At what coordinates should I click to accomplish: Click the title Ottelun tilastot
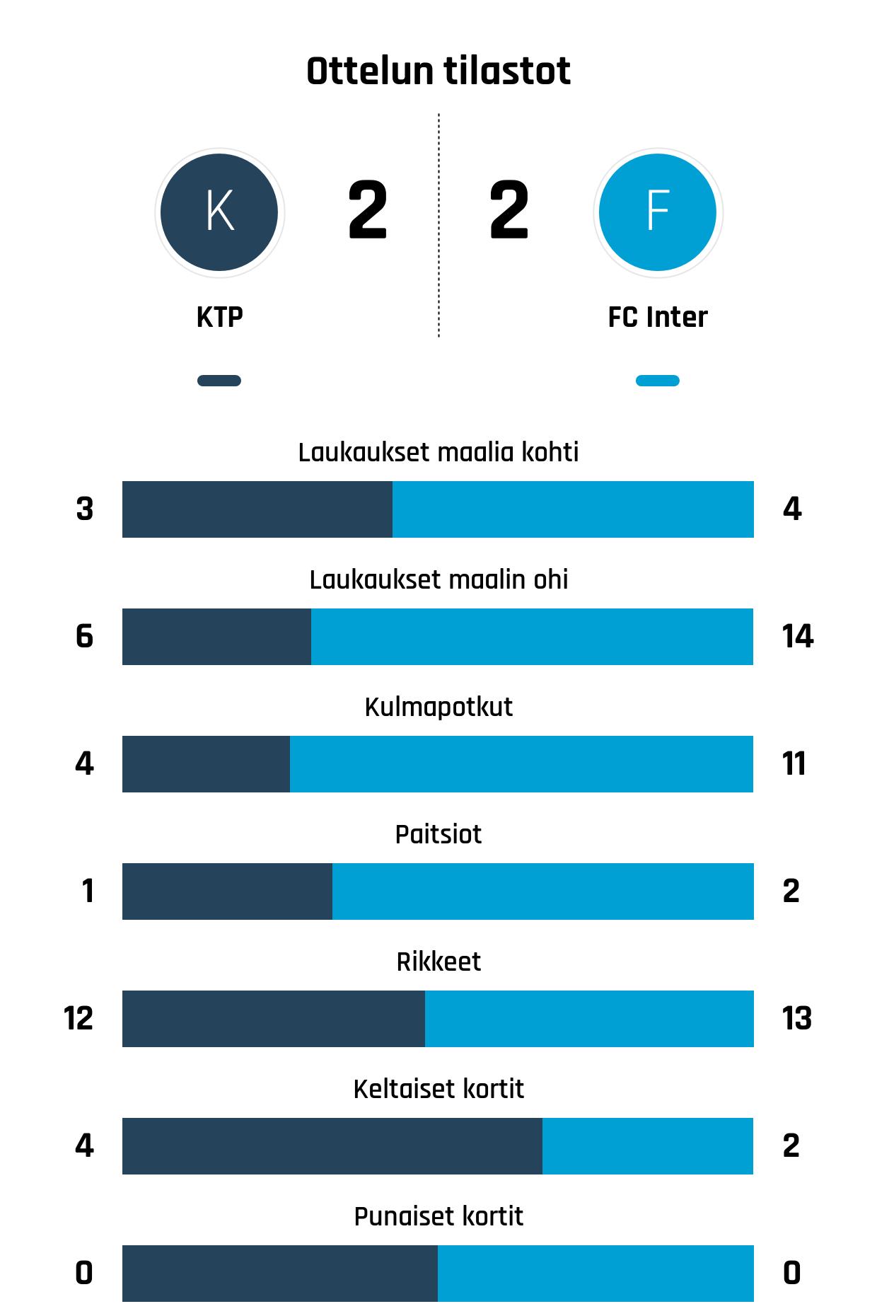click(438, 71)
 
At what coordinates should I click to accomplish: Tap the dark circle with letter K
click(219, 212)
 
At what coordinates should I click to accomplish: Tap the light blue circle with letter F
click(658, 212)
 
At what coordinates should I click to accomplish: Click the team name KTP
click(219, 318)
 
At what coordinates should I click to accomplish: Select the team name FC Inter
click(658, 318)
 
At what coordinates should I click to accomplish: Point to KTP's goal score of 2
click(368, 210)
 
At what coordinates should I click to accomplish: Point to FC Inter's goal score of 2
click(509, 210)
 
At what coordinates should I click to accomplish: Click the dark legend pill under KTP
click(219, 381)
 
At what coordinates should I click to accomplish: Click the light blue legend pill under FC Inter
click(658, 381)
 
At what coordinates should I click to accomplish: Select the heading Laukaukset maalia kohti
click(438, 452)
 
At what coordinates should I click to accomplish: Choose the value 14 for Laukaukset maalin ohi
click(797, 637)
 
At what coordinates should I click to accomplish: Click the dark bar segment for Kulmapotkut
click(206, 764)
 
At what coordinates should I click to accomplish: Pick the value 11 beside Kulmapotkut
click(794, 764)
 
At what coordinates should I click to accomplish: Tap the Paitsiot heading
click(438, 834)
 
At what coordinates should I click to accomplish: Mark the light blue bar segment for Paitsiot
click(542, 891)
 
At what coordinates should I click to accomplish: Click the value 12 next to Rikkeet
click(79, 1019)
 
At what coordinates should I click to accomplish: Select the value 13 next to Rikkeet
click(796, 1019)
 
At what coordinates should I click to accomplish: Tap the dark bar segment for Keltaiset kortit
click(332, 1146)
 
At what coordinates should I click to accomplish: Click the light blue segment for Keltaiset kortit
click(647, 1146)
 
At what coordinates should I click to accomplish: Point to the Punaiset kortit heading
click(438, 1216)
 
